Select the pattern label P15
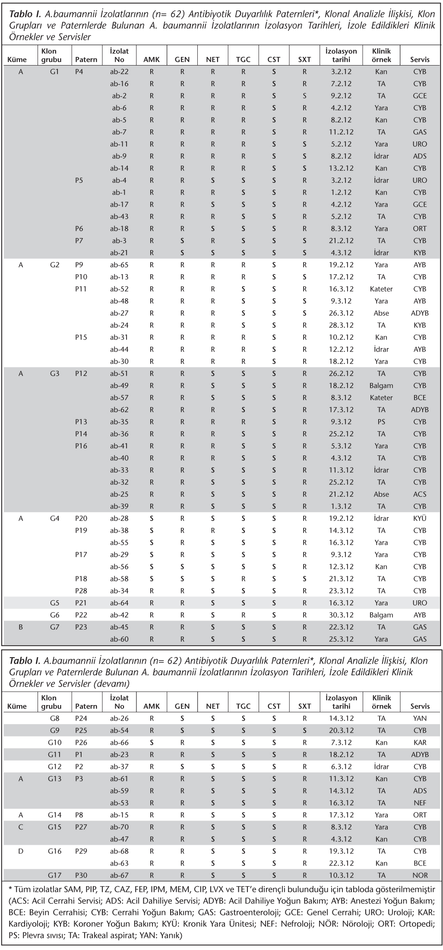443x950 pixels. tap(81, 337)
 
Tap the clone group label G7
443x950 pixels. tap(54, 627)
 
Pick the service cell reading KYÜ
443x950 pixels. tap(420, 518)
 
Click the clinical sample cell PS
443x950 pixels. tap(381, 422)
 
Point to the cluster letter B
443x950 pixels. tap(20, 627)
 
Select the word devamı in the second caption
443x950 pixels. tap(115, 683)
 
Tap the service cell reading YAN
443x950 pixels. tap(420, 718)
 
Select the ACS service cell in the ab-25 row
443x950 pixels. tap(420, 494)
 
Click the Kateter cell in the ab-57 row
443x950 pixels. tap(381, 398)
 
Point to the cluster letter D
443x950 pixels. tap(20, 851)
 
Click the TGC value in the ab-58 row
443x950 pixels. tap(244, 579)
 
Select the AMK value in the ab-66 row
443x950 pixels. tap(152, 743)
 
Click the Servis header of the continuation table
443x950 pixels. tap(420, 706)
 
